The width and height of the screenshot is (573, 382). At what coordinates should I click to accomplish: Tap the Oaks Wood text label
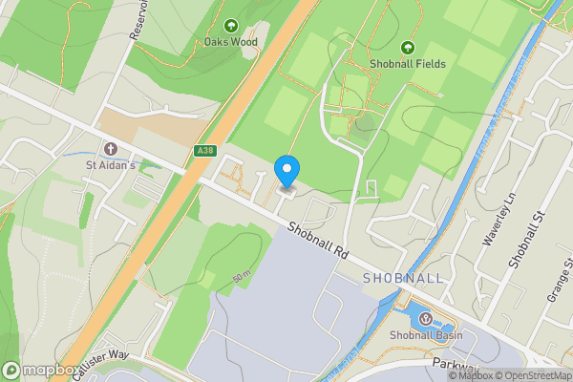click(230, 41)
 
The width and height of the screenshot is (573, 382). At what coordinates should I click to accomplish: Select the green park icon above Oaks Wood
click(230, 25)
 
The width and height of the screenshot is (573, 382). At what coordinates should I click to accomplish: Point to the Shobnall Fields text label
click(408, 64)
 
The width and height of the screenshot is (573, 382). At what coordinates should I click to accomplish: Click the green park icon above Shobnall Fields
click(408, 48)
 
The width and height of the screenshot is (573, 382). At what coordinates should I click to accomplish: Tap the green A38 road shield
click(203, 151)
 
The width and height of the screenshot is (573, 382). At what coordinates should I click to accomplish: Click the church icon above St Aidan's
click(111, 149)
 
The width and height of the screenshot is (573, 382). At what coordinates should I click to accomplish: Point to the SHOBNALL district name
click(403, 278)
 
